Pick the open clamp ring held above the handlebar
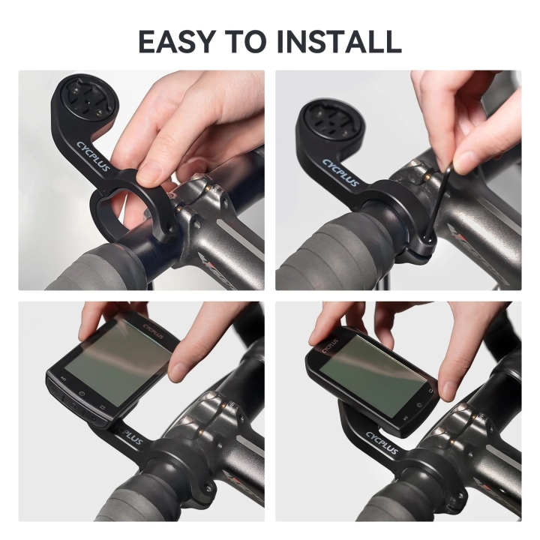tap(132, 214)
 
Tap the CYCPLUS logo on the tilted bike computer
tap(153, 328)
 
